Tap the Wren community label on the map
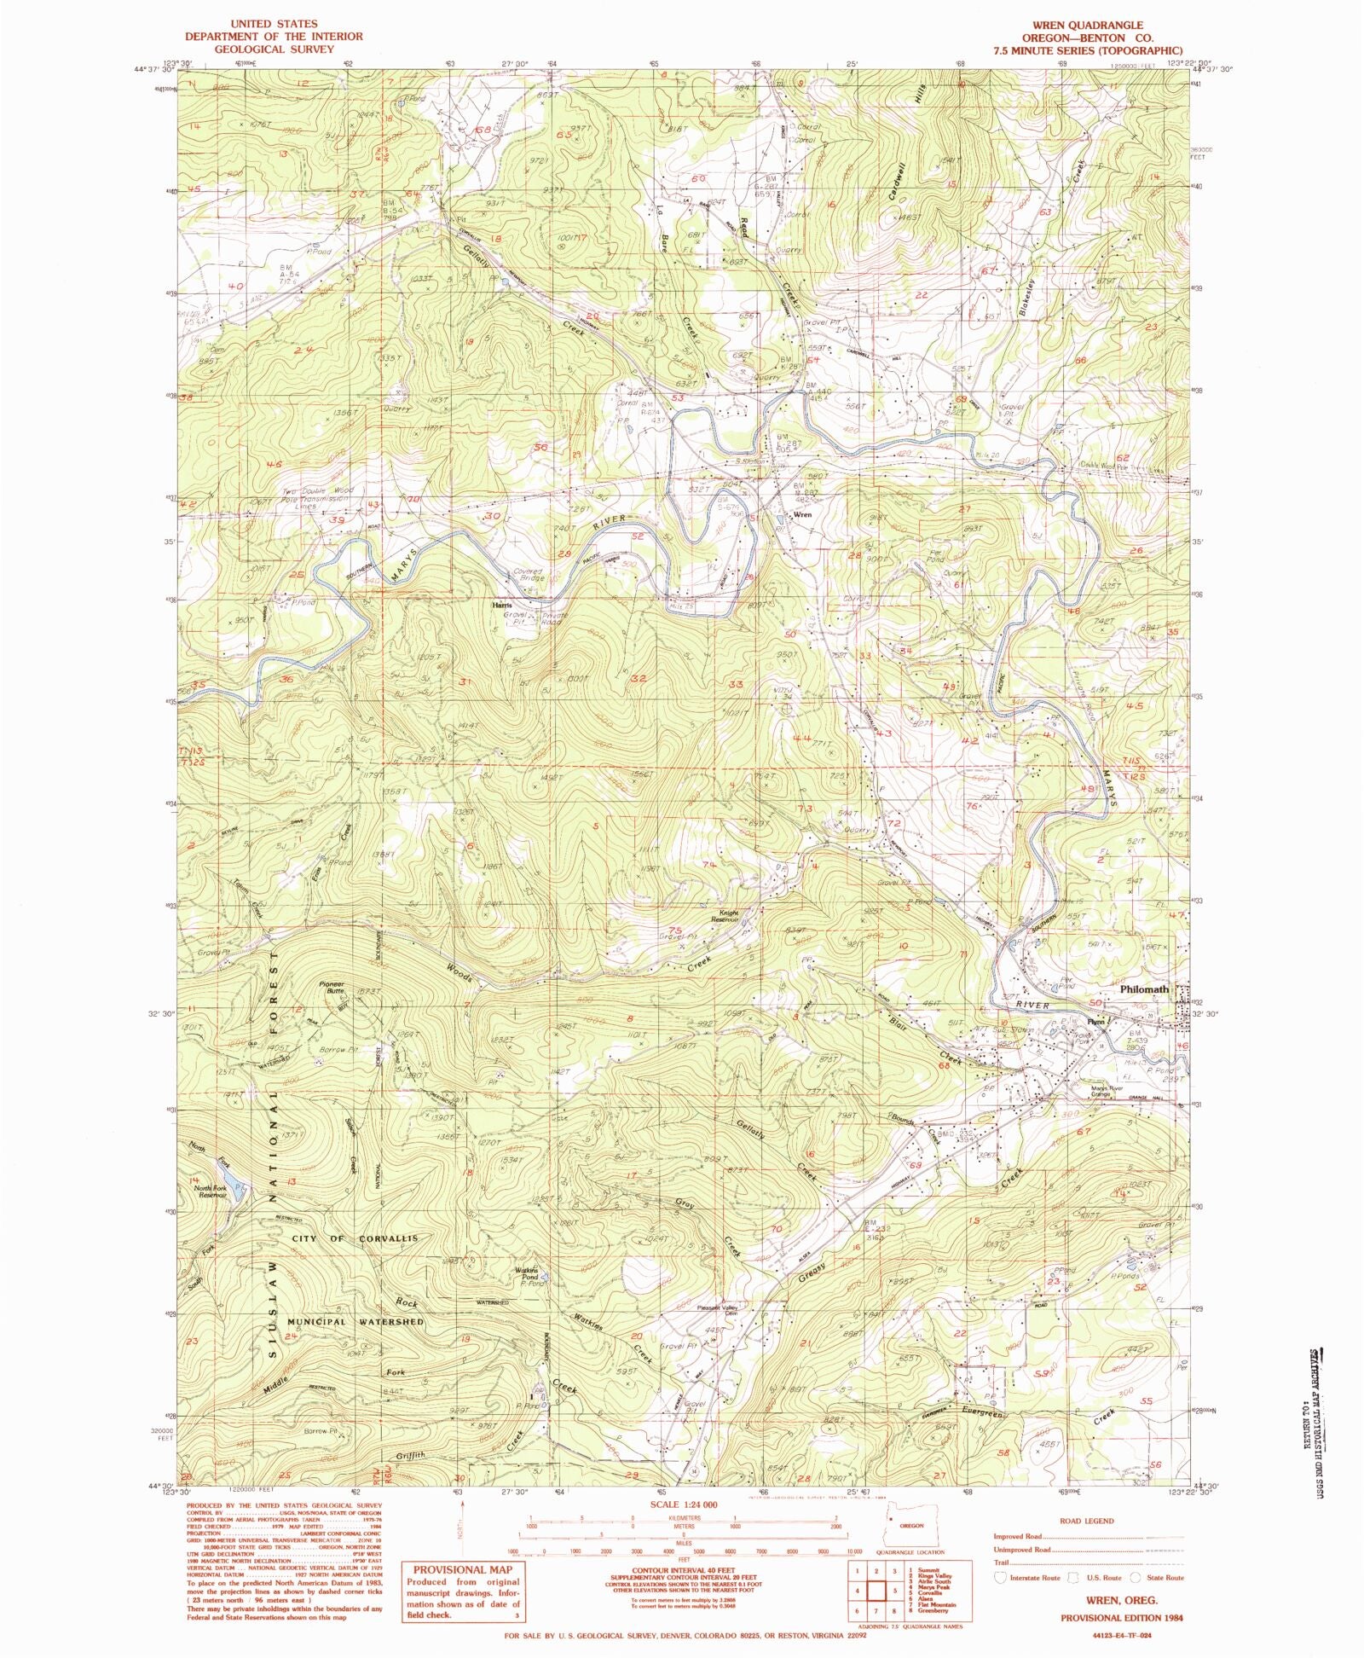pyautogui.click(x=801, y=515)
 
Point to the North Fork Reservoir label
pyautogui.click(x=209, y=1192)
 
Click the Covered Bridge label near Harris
pyautogui.click(x=527, y=576)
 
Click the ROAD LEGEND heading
pyautogui.click(x=1083, y=1521)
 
